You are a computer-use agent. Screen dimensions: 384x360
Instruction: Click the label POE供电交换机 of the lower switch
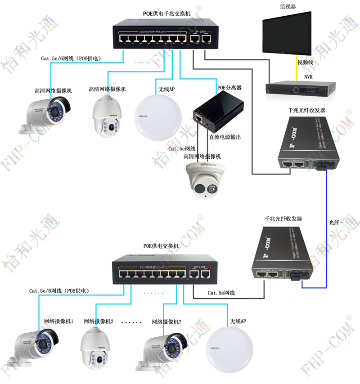[x=161, y=246]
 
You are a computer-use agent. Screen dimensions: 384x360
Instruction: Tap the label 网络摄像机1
[x=58, y=321]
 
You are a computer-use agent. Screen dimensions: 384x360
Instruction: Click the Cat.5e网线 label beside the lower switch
[x=221, y=293]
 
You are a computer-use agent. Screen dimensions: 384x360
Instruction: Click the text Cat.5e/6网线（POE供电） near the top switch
[x=71, y=58]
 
